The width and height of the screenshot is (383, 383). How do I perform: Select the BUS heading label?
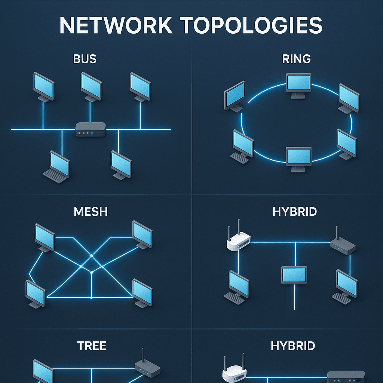click(85, 59)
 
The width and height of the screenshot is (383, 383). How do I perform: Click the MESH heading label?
click(91, 211)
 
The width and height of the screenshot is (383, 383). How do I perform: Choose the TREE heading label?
click(92, 346)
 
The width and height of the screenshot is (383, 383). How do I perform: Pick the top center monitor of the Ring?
click(298, 84)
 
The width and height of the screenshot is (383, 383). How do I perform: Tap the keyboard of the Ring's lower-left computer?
click(240, 158)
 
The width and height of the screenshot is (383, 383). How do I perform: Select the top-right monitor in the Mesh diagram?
click(143, 233)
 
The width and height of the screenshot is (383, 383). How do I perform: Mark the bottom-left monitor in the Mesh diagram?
click(36, 293)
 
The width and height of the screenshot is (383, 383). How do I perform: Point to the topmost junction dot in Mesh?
click(92, 256)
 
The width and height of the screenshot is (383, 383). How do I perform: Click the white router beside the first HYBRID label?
click(238, 241)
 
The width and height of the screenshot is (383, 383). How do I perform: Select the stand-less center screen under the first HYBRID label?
click(294, 275)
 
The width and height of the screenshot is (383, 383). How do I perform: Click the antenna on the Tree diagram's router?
click(142, 355)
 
